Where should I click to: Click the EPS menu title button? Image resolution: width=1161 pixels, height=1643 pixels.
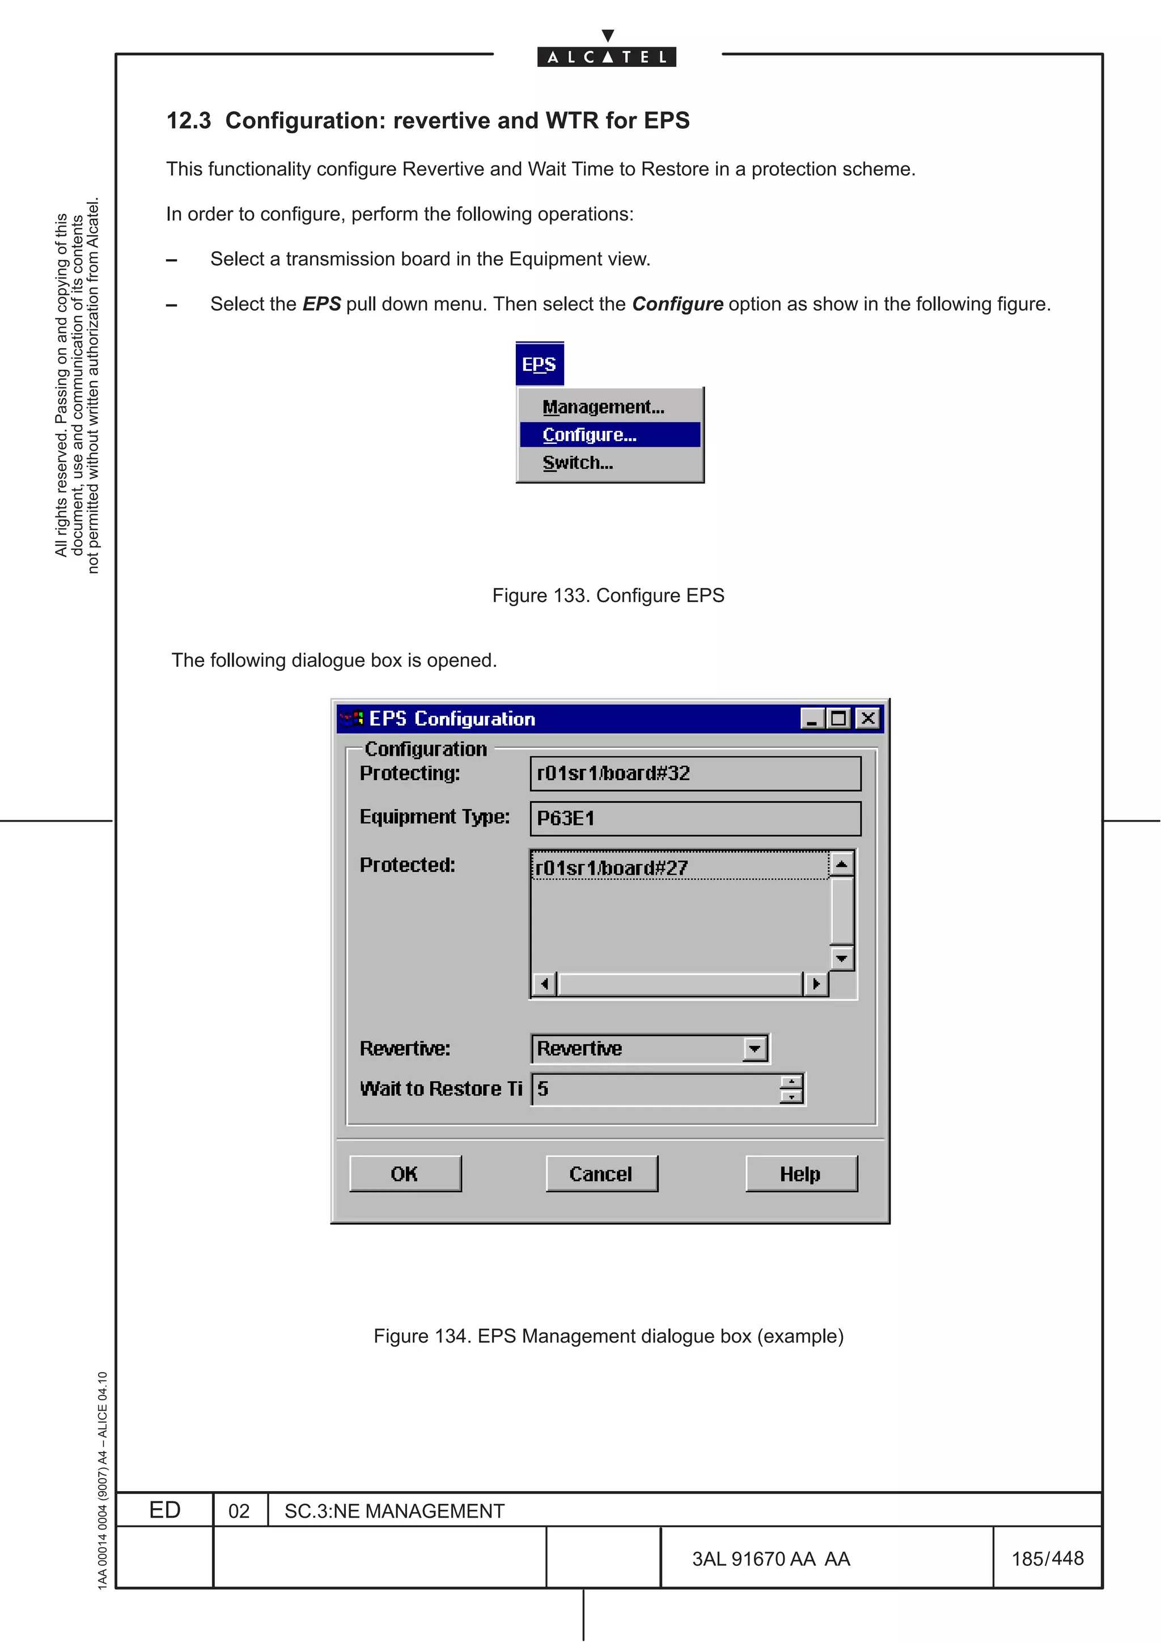539,364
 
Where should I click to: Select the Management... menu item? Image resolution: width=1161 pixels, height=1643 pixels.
603,406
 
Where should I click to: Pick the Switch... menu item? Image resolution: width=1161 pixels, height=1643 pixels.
577,462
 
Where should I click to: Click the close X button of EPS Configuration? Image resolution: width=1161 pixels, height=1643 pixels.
868,718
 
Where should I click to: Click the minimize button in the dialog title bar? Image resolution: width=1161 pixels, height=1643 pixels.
812,718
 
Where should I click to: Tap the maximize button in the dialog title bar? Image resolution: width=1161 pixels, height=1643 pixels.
839,718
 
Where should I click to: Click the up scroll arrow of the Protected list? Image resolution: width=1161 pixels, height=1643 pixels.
842,865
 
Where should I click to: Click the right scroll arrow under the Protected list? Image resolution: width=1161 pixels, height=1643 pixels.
816,984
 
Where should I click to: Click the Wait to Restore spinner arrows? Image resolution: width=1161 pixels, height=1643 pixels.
791,1089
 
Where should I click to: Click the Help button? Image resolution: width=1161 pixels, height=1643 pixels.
800,1174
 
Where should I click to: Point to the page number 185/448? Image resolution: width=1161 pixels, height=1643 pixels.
1047,1558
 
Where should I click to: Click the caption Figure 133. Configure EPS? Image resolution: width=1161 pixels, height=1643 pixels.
608,595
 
